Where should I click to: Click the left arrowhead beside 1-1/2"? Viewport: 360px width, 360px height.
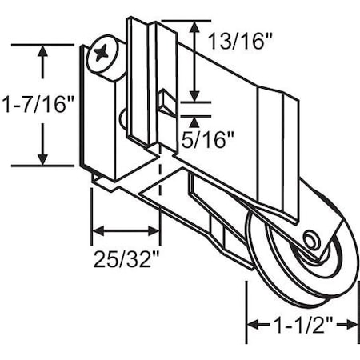tap(252, 324)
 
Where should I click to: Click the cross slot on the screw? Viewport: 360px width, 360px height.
tap(103, 55)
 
